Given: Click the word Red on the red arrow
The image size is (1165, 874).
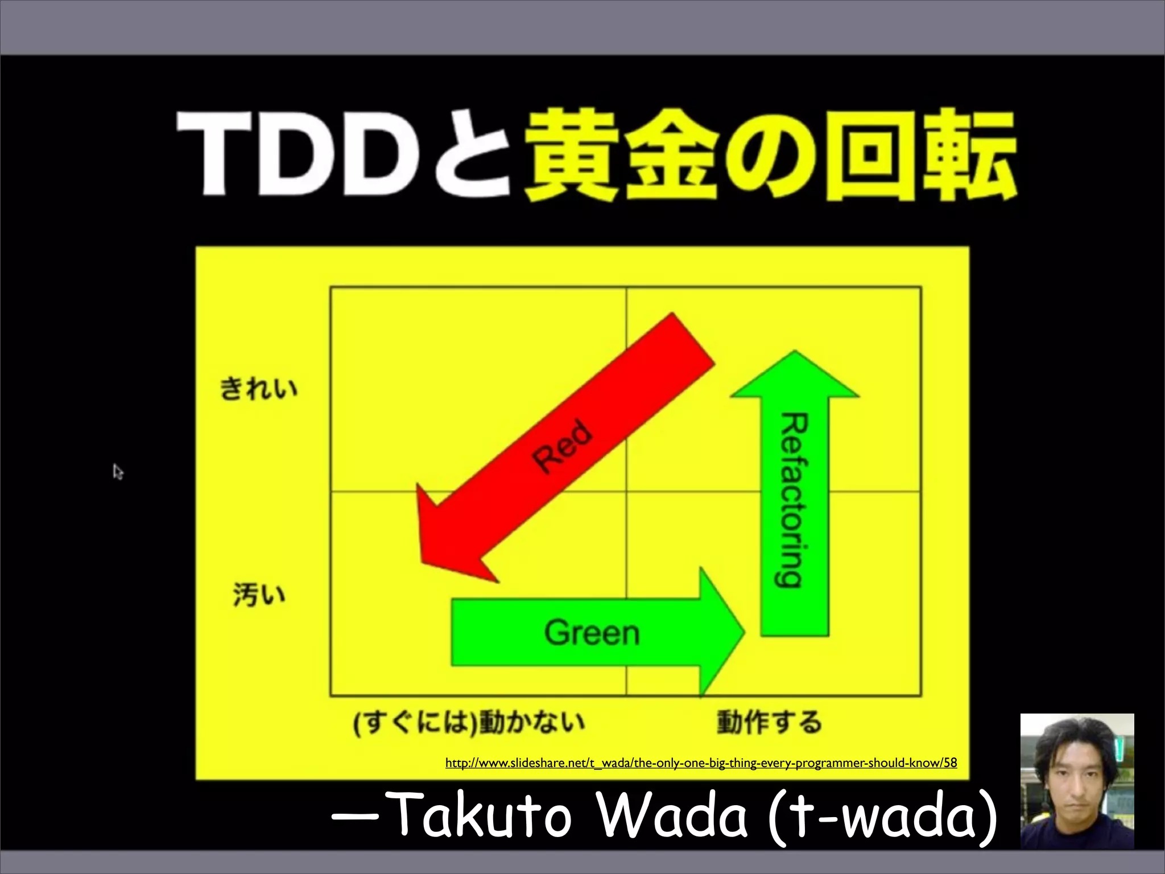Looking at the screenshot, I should pyautogui.click(x=563, y=446).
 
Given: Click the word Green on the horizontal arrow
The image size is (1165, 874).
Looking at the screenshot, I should pyautogui.click(x=592, y=632).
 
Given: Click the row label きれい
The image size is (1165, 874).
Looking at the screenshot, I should pyautogui.click(x=259, y=389).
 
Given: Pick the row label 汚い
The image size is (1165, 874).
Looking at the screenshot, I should pyautogui.click(x=259, y=595).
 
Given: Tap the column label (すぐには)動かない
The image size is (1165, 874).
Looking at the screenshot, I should pyautogui.click(x=469, y=723).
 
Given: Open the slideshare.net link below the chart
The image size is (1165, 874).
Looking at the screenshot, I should pyautogui.click(x=701, y=762).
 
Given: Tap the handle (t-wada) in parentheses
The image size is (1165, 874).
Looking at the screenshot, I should pyautogui.click(x=882, y=817).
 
